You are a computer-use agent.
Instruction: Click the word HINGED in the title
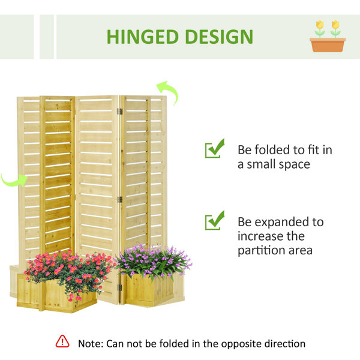coord(143,37)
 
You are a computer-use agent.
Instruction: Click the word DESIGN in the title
coord(219,37)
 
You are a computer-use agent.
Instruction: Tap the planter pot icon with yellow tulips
coord(328,36)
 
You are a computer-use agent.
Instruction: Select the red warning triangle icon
coord(62,341)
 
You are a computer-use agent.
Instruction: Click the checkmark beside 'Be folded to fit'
coord(214,149)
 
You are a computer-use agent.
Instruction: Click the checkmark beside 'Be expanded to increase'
coord(214,220)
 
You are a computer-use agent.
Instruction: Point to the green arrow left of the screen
coord(14,180)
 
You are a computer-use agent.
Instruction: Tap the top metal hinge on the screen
coord(119,112)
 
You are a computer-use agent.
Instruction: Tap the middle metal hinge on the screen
coord(119,200)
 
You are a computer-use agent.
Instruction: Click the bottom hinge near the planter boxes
coord(119,287)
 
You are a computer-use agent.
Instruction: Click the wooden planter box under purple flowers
coord(155,290)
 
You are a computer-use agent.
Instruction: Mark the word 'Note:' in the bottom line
coord(91,344)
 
